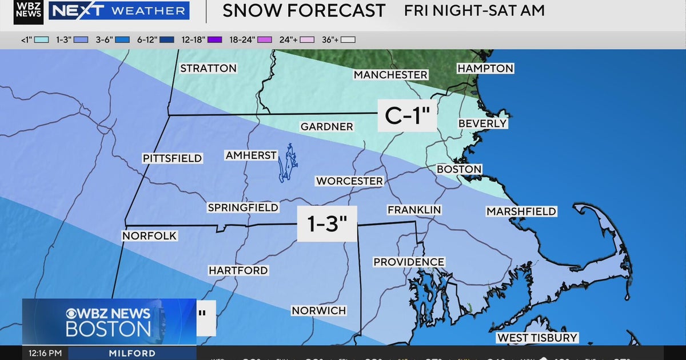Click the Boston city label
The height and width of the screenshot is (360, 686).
(x=459, y=170)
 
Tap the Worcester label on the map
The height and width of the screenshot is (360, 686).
(x=349, y=181)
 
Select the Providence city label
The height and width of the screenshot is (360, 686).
(x=409, y=262)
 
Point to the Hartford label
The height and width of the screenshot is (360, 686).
(x=238, y=270)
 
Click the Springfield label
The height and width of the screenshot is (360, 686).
(x=243, y=208)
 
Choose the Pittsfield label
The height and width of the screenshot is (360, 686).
(x=172, y=158)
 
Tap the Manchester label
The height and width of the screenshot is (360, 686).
(x=390, y=75)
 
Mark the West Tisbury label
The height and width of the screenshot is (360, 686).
(x=537, y=338)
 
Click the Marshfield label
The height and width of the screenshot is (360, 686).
(x=521, y=211)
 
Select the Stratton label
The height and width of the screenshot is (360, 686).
(x=208, y=69)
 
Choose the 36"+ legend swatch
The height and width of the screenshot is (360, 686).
(x=348, y=39)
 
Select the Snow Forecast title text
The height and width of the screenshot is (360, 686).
(x=304, y=10)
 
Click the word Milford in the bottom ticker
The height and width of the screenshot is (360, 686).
(x=132, y=353)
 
